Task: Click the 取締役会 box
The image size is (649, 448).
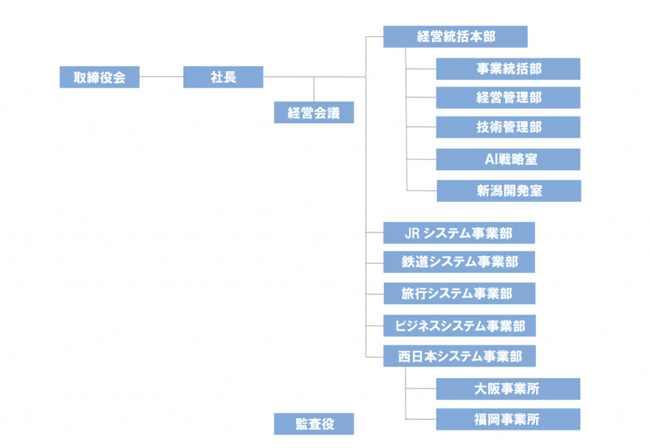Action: click(99, 77)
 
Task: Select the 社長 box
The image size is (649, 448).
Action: click(223, 77)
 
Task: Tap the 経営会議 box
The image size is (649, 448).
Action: click(314, 113)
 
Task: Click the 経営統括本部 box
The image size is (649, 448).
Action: click(455, 37)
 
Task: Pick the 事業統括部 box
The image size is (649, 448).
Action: click(508, 69)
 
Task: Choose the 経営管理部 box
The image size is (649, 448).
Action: click(508, 98)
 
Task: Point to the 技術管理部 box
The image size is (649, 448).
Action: click(508, 128)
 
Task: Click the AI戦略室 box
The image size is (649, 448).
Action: click(508, 159)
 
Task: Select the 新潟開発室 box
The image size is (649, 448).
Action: click(508, 190)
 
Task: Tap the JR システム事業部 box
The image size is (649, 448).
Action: click(459, 233)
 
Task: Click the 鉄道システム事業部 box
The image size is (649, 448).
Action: click(459, 261)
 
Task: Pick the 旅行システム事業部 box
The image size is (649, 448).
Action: click(459, 293)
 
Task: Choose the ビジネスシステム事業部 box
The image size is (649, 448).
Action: click(459, 326)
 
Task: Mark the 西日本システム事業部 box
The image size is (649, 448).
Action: click(459, 356)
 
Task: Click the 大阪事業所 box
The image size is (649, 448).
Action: click(508, 389)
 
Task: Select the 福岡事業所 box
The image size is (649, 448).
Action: click(508, 419)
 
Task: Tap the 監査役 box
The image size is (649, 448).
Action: click(314, 424)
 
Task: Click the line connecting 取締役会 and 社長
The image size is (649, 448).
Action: click(161, 77)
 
